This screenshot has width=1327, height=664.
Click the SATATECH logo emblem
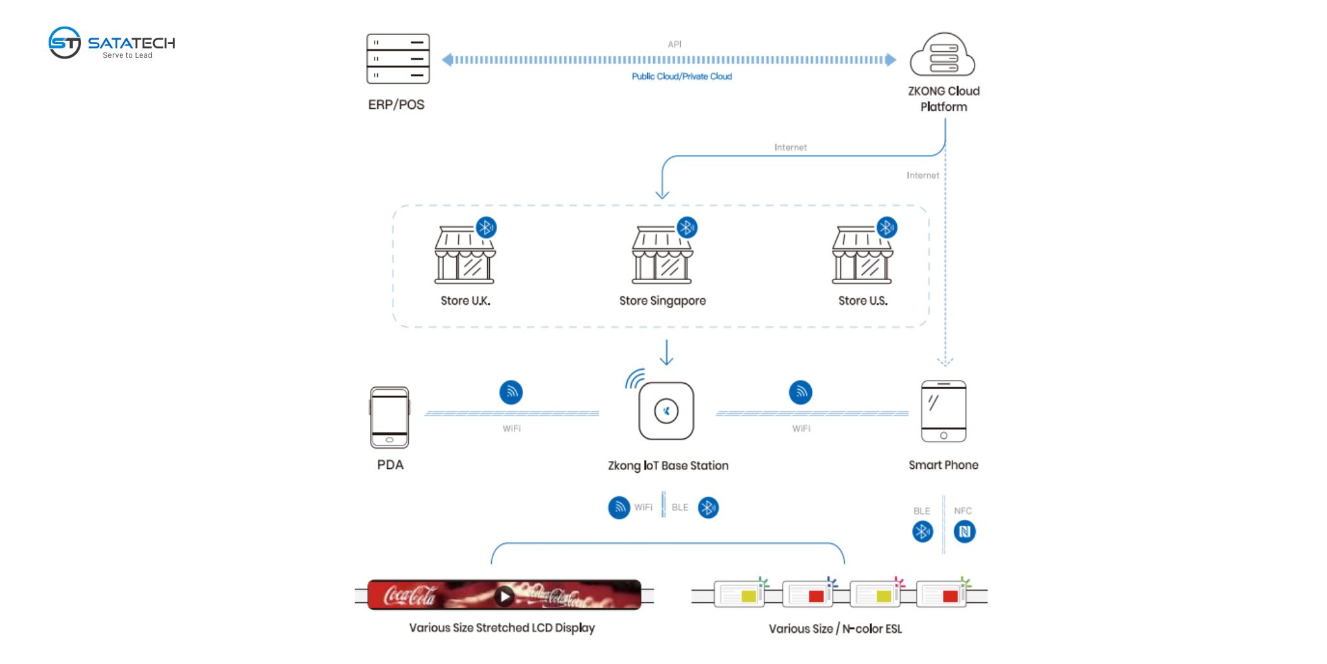pyautogui.click(x=65, y=43)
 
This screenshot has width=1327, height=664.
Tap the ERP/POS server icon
pyautogui.click(x=398, y=59)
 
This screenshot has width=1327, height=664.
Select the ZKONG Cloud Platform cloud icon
pyautogui.click(x=943, y=56)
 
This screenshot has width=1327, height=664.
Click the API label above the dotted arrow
pyautogui.click(x=675, y=44)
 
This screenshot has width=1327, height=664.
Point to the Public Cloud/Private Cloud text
pyautogui.click(x=682, y=77)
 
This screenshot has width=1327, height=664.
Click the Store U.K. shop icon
pyautogui.click(x=465, y=255)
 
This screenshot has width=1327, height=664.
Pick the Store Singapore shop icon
pyautogui.click(x=662, y=255)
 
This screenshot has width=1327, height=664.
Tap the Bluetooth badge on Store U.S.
pyautogui.click(x=886, y=228)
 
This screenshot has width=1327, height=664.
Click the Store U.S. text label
pyautogui.click(x=862, y=301)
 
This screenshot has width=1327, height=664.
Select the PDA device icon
pyautogui.click(x=389, y=418)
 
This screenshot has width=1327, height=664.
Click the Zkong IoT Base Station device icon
pyautogui.click(x=666, y=411)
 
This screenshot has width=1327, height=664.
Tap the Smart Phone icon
pyautogui.click(x=943, y=412)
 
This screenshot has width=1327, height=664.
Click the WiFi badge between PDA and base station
pyautogui.click(x=511, y=392)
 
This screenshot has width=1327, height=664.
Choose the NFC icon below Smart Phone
pyautogui.click(x=964, y=532)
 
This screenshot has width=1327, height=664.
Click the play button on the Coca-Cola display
pyautogui.click(x=504, y=595)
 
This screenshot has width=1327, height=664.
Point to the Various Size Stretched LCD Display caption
pyautogui.click(x=502, y=628)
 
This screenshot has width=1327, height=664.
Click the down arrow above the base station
pyautogui.click(x=666, y=353)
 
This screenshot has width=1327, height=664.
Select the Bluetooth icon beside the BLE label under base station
pyautogui.click(x=708, y=507)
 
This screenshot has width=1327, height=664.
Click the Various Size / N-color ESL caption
pyautogui.click(x=835, y=628)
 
